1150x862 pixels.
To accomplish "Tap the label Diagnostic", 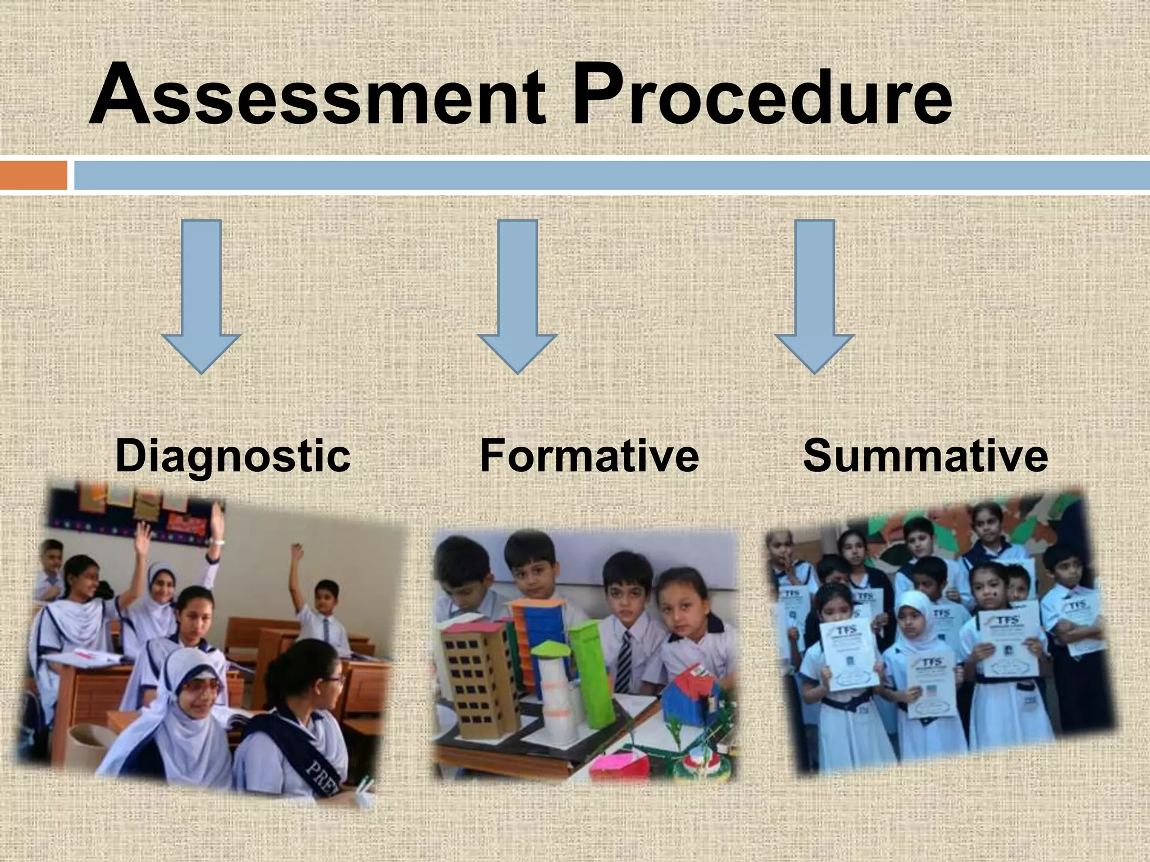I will tap(233, 455).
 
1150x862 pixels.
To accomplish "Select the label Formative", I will tap(589, 455).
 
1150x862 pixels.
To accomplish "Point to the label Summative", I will tap(925, 455).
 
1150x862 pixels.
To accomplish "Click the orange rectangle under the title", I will tap(33, 175).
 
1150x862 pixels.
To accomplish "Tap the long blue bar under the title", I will tap(612, 175).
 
